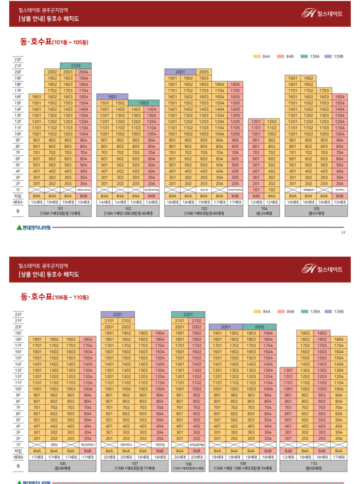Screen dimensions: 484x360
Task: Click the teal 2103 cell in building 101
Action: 76,65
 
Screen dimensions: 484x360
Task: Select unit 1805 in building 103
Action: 235,84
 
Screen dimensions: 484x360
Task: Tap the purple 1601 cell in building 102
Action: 112,97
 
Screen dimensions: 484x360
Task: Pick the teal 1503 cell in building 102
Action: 144,103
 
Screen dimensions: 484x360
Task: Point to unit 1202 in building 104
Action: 272,121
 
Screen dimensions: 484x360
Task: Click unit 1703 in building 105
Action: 324,90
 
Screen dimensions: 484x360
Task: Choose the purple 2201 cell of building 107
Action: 118,314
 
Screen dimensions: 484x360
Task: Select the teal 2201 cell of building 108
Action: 188,314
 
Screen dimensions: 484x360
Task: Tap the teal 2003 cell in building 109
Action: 259,327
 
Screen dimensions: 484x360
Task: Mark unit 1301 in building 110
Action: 288,370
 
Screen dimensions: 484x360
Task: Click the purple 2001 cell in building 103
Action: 180,72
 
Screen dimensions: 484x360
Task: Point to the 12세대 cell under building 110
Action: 288,457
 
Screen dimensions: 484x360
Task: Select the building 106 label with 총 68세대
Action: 62,466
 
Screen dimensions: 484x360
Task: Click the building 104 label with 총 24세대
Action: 264,211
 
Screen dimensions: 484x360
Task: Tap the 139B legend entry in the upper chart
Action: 334,56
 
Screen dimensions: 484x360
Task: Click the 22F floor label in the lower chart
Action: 18,314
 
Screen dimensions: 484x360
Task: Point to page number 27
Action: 343,233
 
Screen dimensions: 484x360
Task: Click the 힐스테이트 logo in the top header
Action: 322,13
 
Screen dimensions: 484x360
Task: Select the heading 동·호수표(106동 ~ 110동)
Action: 54,297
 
